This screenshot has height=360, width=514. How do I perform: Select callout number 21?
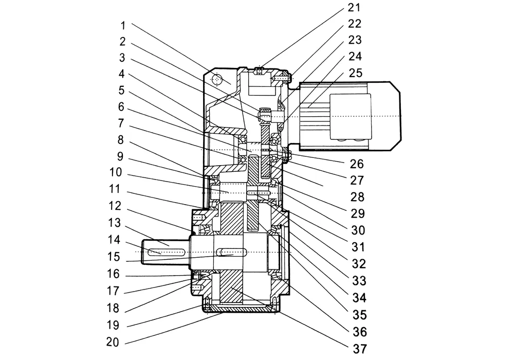[x=354, y=8]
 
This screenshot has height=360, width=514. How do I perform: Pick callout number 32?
[x=358, y=264]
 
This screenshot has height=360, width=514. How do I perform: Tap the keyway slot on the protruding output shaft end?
[x=166, y=251]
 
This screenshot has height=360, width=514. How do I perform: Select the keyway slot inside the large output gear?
[x=233, y=253]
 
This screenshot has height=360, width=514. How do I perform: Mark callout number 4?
[x=122, y=74]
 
